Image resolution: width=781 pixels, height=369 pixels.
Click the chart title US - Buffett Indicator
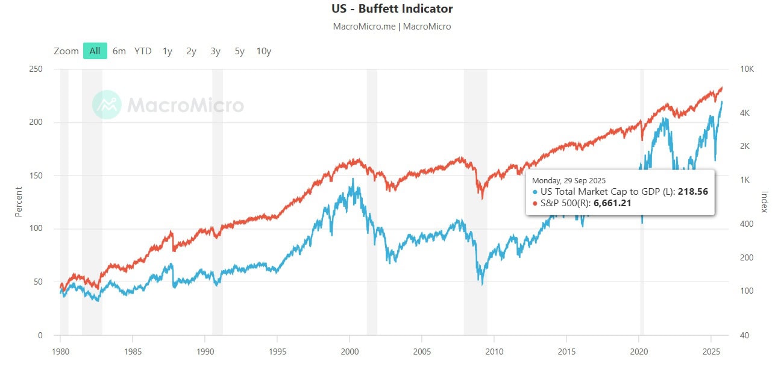[x=392, y=9]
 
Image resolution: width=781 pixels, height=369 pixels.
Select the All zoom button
[x=95, y=51]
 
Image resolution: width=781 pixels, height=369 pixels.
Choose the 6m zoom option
[x=119, y=51]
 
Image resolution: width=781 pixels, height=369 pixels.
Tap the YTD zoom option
[x=143, y=51]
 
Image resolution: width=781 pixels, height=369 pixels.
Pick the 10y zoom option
[x=263, y=51]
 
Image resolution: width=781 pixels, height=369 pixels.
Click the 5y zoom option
[x=239, y=51]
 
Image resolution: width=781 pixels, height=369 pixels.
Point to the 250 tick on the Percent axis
[x=36, y=69]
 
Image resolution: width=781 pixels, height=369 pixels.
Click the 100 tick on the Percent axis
[x=36, y=229]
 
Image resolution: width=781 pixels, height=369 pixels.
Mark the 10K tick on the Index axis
[x=747, y=69]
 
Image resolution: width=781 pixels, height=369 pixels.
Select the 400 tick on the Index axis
[x=747, y=224]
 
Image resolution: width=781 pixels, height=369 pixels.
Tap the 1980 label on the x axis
[x=60, y=351]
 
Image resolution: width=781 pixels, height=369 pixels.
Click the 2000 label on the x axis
[x=350, y=351]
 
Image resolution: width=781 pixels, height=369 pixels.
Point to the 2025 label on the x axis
[x=711, y=351]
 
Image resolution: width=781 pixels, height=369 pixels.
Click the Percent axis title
[x=18, y=202]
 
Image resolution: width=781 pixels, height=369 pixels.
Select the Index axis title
[x=764, y=202]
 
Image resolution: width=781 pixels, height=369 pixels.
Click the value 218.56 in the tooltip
[x=694, y=192]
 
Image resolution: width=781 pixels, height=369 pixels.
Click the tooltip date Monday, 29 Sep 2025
[x=569, y=180]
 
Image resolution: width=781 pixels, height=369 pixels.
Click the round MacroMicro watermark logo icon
[x=107, y=105]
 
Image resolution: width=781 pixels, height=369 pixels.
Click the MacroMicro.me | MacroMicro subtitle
[x=392, y=27]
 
